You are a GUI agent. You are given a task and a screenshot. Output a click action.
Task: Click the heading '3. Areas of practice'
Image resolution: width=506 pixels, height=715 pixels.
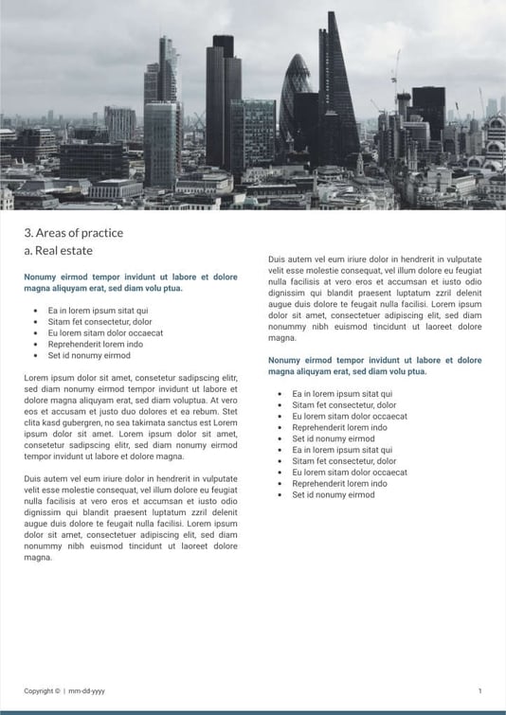(x=73, y=233)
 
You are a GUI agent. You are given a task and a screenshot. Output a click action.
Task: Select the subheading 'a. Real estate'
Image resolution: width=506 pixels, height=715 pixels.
(x=58, y=251)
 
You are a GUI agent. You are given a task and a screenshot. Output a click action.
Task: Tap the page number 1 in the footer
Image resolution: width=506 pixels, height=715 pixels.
(x=479, y=691)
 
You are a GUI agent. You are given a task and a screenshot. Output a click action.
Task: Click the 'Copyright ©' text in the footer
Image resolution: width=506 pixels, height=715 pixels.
(x=42, y=691)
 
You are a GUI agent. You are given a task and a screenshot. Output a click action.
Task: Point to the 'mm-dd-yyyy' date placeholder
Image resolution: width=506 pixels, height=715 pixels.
(x=86, y=691)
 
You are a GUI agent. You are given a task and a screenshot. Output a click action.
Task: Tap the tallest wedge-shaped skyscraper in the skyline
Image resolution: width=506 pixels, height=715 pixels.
(x=336, y=85)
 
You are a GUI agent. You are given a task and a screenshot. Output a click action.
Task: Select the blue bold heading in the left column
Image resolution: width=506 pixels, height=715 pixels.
(x=131, y=282)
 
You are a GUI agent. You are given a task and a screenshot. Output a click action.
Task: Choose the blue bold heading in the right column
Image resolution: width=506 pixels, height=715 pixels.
(x=374, y=366)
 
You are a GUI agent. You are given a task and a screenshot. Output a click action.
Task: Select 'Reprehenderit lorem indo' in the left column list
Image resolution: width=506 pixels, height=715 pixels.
(x=96, y=344)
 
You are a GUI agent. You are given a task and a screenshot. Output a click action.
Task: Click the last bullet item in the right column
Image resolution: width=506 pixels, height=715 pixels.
(x=334, y=494)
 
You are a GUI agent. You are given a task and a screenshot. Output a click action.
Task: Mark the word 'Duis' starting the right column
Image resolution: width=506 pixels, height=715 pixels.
(x=277, y=259)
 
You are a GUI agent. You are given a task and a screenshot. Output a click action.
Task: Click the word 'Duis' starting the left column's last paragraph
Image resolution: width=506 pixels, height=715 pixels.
(x=33, y=478)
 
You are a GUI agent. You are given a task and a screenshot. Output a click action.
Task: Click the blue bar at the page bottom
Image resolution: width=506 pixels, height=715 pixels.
(x=253, y=711)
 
